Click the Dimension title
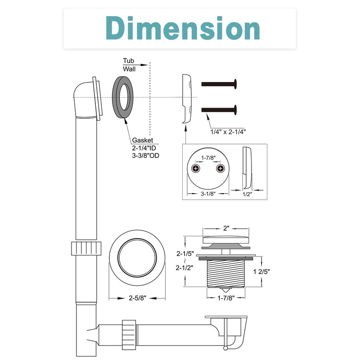(x=183, y=28)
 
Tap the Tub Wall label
(x=129, y=65)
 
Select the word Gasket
(x=142, y=140)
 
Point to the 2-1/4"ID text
(x=144, y=148)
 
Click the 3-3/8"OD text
(x=145, y=156)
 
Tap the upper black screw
(x=219, y=84)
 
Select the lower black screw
(x=219, y=110)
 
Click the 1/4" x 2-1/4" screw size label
(x=228, y=132)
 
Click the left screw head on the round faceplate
(x=196, y=169)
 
